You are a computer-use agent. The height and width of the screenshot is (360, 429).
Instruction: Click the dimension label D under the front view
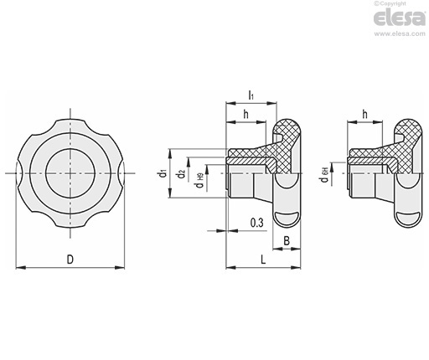(x=70, y=260)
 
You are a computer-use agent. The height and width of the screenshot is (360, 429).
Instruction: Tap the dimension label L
(x=263, y=260)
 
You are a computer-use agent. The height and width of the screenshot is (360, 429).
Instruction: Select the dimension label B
(x=287, y=240)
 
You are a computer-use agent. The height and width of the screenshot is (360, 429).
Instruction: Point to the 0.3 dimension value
(x=256, y=223)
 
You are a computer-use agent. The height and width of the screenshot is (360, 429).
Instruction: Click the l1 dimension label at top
(x=251, y=95)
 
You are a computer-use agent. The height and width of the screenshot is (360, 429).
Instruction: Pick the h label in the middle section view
(x=246, y=114)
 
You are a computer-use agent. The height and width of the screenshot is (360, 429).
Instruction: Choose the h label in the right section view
(x=364, y=114)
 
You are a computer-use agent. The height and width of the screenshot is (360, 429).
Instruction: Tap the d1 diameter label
(x=163, y=173)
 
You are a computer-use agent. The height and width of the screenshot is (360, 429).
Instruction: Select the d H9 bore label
(x=200, y=180)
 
